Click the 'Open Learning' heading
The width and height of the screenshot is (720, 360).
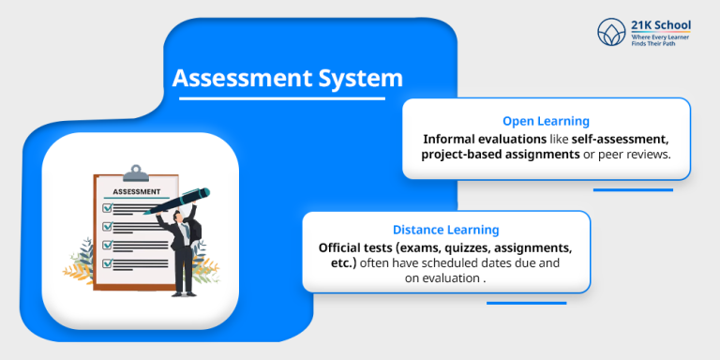546,121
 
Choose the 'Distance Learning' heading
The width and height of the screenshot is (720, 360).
445,230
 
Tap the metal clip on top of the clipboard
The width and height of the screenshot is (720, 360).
137,173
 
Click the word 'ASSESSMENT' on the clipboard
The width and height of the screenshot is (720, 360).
137,191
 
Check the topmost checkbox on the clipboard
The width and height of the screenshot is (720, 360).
107,208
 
